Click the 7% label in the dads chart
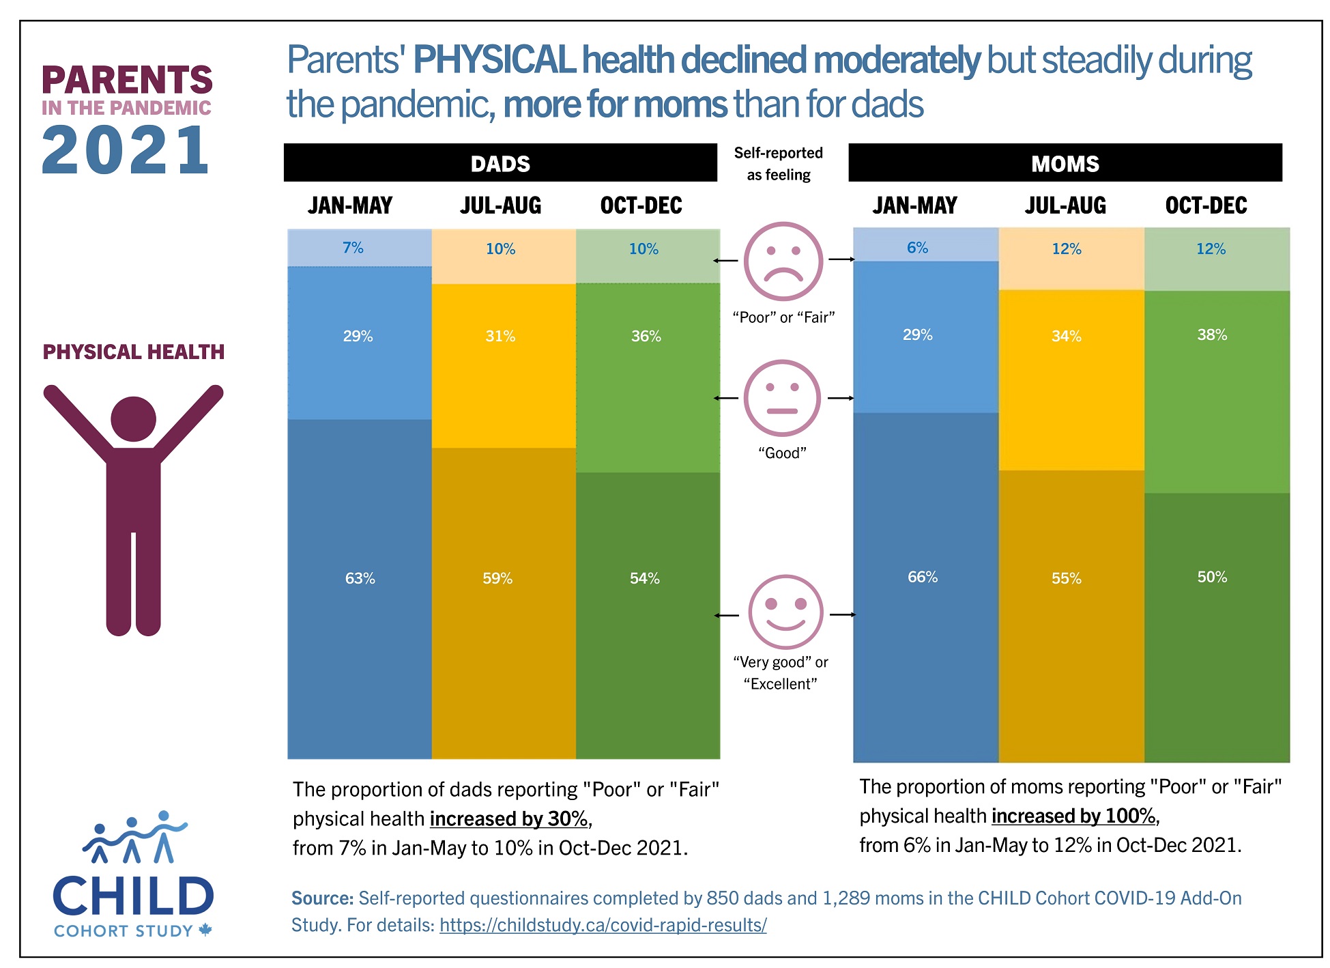coord(353,247)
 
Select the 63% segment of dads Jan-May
coord(360,587)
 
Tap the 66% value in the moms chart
coord(922,577)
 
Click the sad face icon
coord(783,261)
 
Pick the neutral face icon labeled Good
coord(782,398)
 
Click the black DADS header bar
coord(500,163)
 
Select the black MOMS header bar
coord(1065,163)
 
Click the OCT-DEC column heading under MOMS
coord(1206,205)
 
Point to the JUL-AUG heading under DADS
coord(500,205)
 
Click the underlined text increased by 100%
coord(1073,816)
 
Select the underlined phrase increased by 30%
coord(508,818)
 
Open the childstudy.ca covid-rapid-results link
coord(603,925)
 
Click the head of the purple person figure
coord(133,418)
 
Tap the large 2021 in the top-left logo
coord(126,151)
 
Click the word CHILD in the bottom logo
coord(133,896)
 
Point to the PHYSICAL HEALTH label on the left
coord(134,352)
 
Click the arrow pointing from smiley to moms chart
coord(842,614)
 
